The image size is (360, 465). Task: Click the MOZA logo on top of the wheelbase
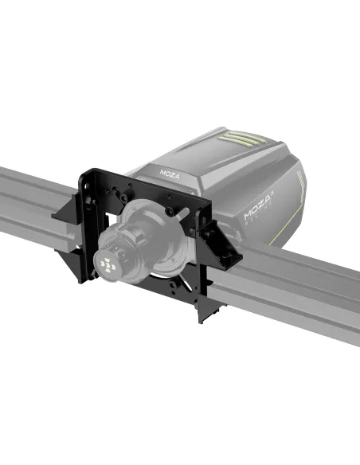click(x=170, y=171)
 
